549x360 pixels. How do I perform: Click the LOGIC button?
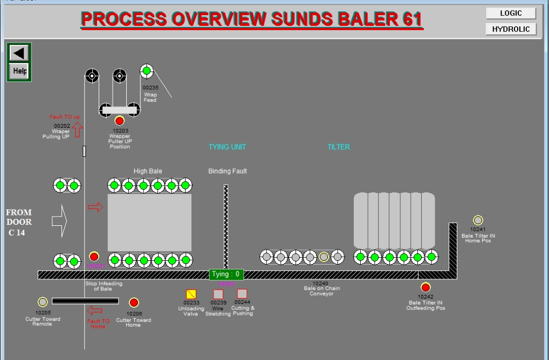tap(511, 13)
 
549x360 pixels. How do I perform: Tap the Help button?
tap(19, 71)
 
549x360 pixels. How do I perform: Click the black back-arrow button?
tap(19, 53)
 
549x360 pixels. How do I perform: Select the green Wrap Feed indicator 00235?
tap(147, 71)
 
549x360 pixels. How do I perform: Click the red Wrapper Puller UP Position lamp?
tap(119, 121)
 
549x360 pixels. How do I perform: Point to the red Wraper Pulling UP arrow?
tap(77, 129)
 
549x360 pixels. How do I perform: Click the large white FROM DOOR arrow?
tap(59, 220)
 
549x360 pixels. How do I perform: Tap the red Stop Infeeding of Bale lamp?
tap(94, 257)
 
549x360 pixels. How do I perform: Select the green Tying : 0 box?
tap(226, 274)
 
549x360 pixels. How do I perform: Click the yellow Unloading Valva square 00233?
tap(191, 294)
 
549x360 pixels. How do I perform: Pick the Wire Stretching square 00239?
tap(218, 294)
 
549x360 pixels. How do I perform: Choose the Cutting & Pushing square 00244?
tap(242, 294)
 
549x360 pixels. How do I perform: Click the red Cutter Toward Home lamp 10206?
tap(134, 303)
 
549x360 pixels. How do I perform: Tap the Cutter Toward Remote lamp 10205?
tap(43, 302)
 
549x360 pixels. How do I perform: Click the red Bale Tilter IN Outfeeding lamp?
tap(426, 287)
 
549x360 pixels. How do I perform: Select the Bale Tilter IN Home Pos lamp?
tap(478, 220)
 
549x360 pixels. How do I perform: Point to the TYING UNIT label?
tap(227, 147)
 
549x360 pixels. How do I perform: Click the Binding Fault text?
tap(228, 171)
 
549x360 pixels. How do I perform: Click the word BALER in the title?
tap(367, 19)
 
